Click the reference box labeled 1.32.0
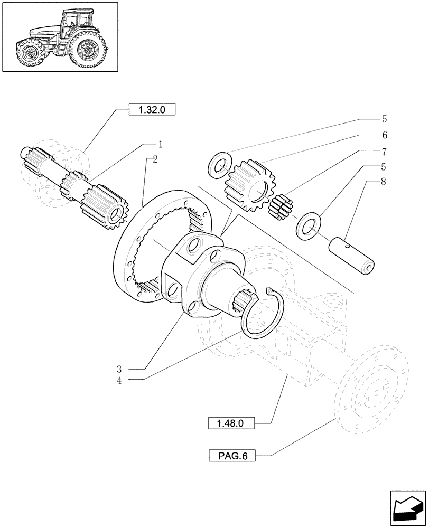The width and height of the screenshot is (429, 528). tap(152, 110)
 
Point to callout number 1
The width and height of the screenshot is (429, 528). tap(160, 144)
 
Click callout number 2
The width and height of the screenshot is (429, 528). tap(154, 160)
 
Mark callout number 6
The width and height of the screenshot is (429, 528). tap(385, 135)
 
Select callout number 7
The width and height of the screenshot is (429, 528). tap(385, 152)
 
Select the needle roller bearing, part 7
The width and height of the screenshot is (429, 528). tap(281, 205)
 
